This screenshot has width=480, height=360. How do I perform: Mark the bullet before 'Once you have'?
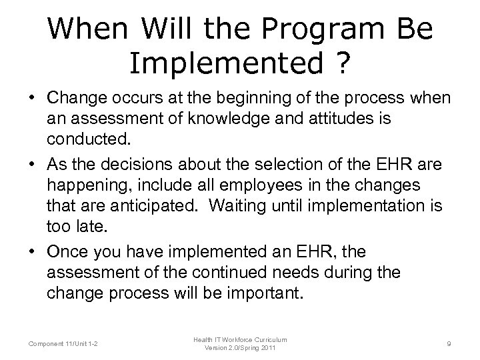[x=32, y=253]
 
